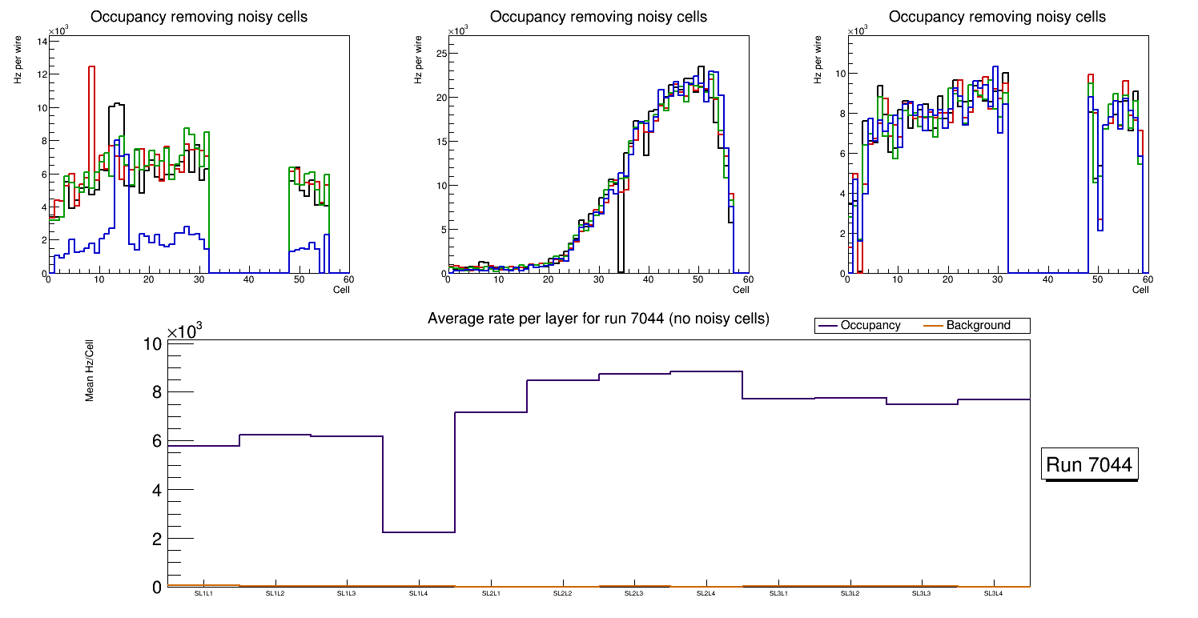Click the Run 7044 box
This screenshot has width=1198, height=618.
point(1090,465)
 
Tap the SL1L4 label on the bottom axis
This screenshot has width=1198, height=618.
point(419,593)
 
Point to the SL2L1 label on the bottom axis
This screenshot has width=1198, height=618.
point(491,593)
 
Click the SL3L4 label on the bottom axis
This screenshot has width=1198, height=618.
point(993,593)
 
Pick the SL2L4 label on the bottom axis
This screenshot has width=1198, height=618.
point(706,593)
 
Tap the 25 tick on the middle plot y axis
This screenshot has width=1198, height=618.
point(440,54)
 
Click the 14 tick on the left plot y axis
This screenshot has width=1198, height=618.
point(42,41)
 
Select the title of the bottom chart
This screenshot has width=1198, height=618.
point(598,319)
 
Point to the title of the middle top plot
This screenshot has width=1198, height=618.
point(598,17)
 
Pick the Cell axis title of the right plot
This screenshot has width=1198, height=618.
point(1140,290)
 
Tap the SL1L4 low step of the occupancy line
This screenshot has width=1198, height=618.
point(419,532)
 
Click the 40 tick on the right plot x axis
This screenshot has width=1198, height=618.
point(1047,280)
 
